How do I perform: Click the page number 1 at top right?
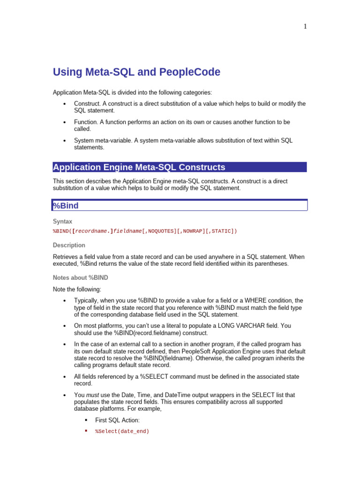(x=305, y=27)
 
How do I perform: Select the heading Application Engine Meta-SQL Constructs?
(x=139, y=167)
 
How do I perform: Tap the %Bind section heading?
(x=66, y=206)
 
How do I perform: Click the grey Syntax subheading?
(x=62, y=221)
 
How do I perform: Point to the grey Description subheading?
(x=69, y=245)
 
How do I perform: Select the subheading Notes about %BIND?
(x=81, y=277)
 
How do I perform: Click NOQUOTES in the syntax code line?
(x=162, y=231)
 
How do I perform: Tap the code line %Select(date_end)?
(x=122, y=431)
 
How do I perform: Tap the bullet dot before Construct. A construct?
(x=64, y=104)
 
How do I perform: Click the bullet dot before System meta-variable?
(x=64, y=141)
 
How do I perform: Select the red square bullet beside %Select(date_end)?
(x=86, y=431)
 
